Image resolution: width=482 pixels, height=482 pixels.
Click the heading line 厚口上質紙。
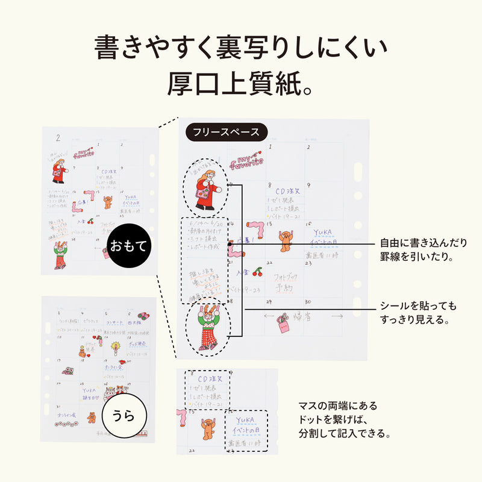(240, 84)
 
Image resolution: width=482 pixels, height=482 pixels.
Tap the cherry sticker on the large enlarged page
(257, 272)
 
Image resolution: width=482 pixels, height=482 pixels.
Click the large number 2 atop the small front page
(58, 138)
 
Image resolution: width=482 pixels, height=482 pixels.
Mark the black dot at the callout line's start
(229, 245)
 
